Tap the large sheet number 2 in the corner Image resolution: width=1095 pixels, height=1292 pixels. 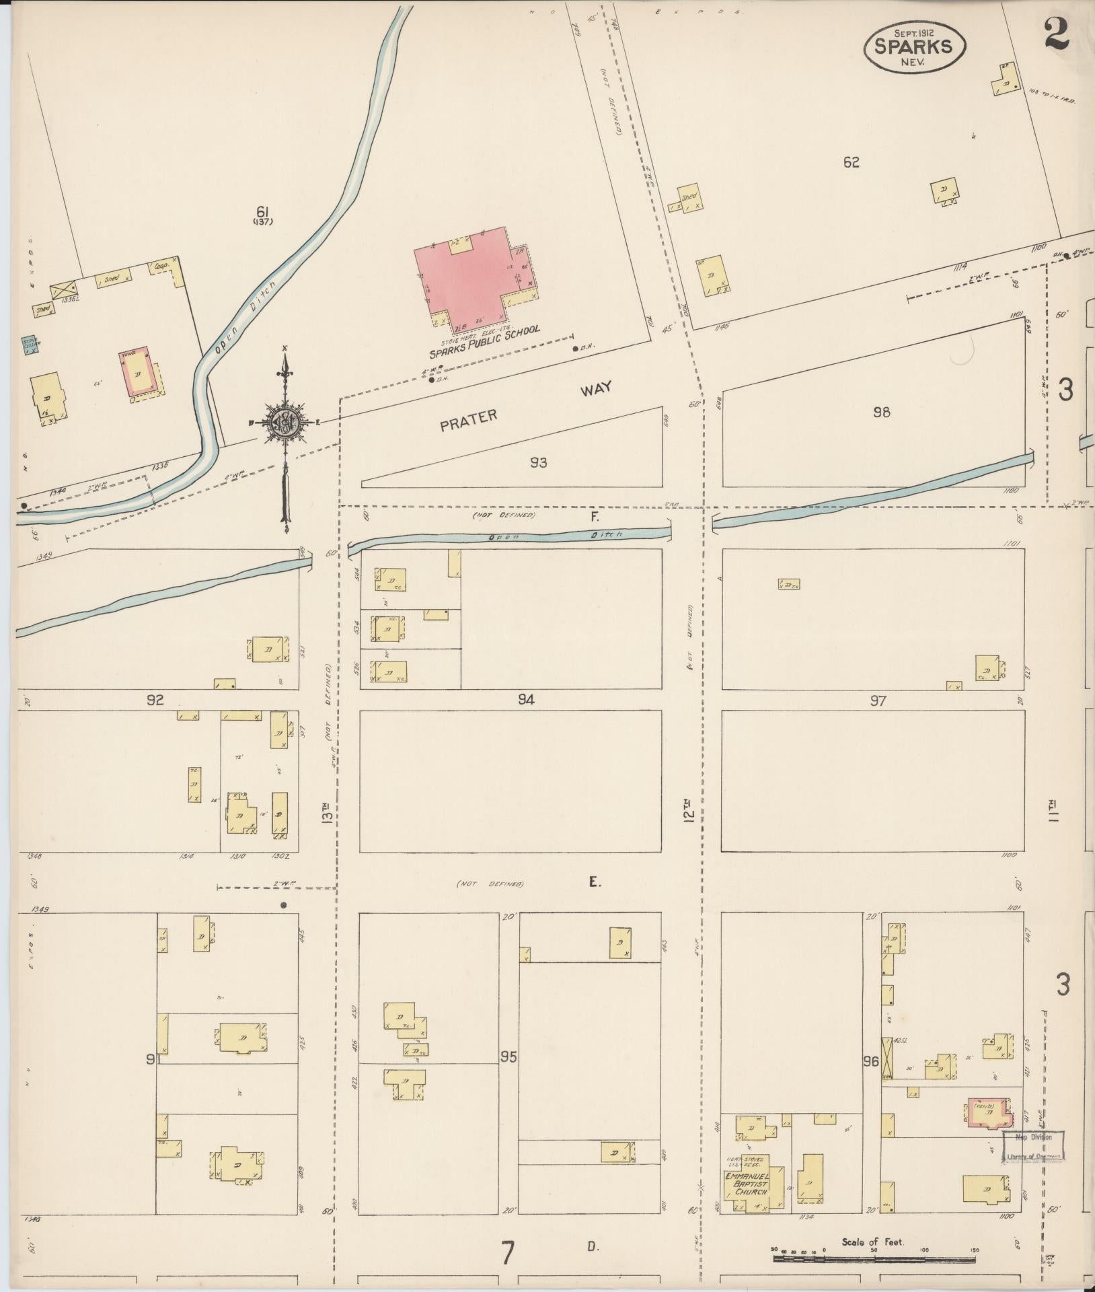1057,34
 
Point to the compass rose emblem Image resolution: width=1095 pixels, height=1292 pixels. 286,422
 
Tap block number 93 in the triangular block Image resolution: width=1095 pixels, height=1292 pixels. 538,462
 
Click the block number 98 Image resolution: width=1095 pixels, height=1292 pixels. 881,412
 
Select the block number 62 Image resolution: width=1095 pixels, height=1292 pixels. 851,162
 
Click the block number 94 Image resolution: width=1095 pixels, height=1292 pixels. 526,700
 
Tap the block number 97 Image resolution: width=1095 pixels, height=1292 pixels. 877,701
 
